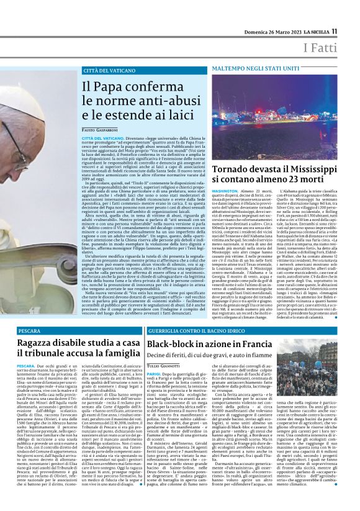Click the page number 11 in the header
335,31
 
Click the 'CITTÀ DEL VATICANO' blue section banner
109,71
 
